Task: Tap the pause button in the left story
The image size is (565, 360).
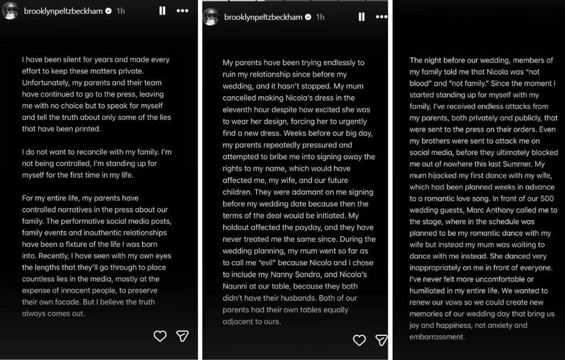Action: tap(162, 10)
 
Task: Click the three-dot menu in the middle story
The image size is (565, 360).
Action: tap(382, 17)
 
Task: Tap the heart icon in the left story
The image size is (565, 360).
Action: tap(160, 336)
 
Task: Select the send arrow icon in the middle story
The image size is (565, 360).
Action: tap(381, 341)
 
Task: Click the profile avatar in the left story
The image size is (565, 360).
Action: tap(10, 10)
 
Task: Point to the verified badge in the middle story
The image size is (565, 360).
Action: tap(308, 17)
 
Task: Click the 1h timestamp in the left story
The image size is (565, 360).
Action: tap(121, 11)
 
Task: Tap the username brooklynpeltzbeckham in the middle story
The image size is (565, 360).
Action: tap(263, 17)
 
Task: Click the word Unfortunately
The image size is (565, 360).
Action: tap(46, 83)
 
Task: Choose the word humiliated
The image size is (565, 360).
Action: tap(428, 290)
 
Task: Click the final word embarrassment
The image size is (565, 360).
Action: tap(437, 337)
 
